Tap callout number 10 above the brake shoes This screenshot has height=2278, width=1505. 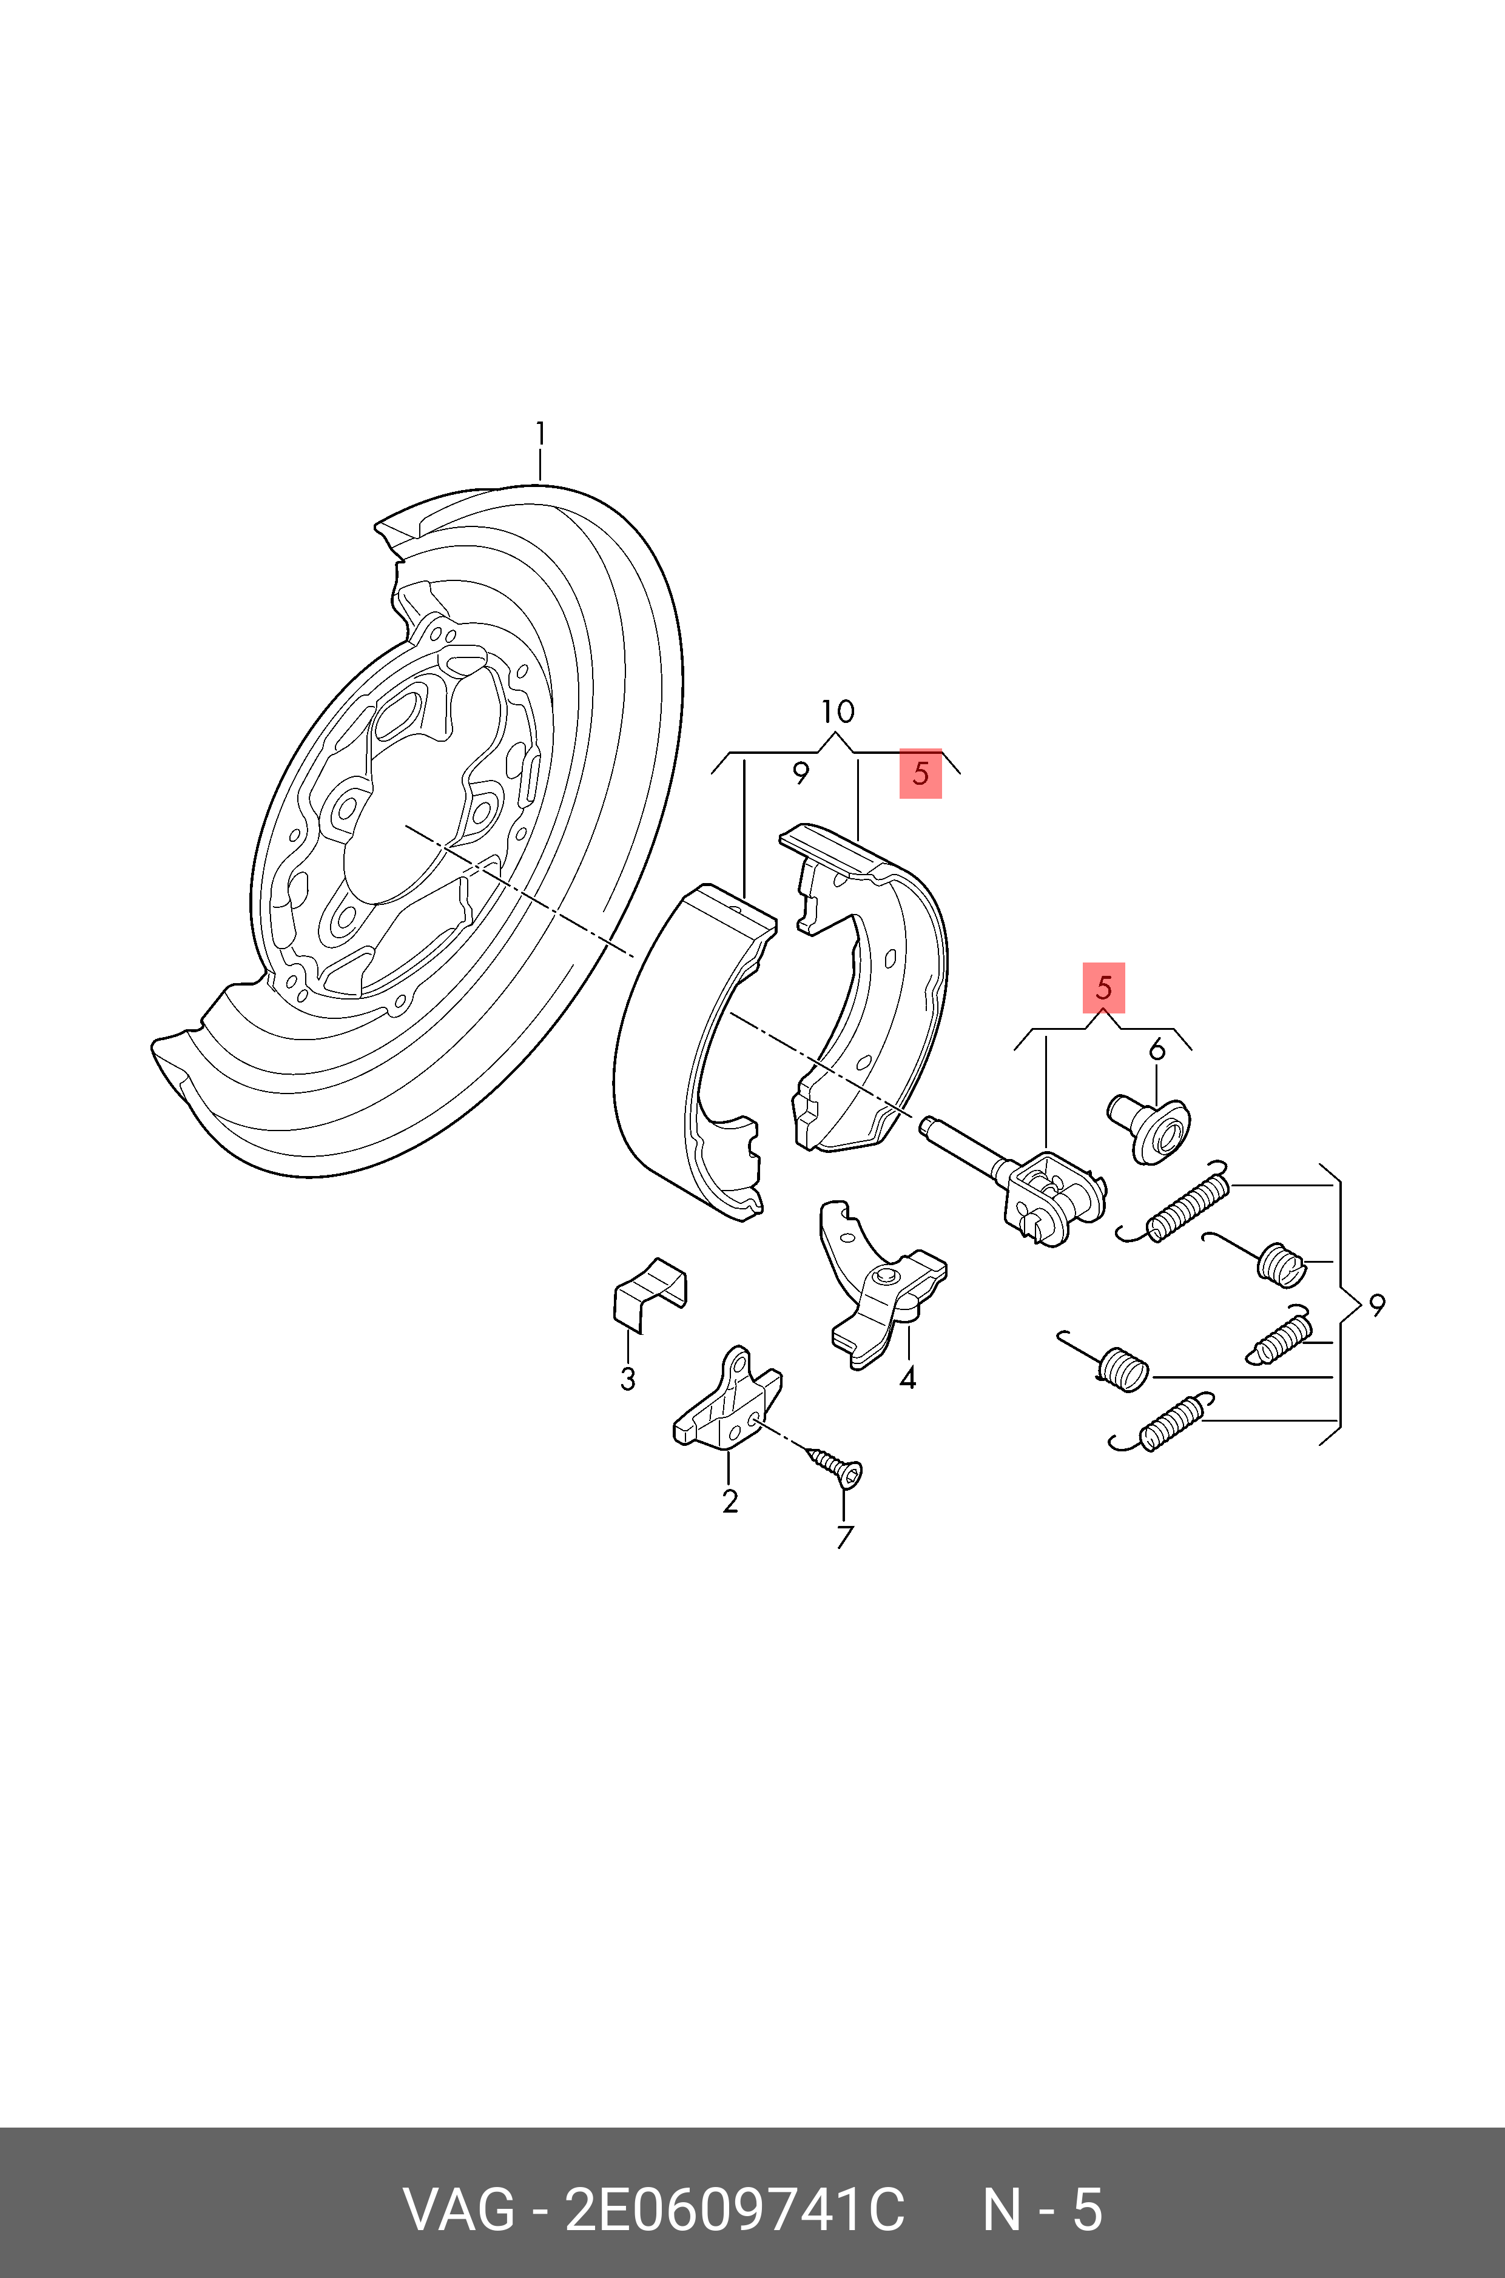click(x=837, y=712)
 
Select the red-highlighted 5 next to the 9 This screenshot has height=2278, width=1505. click(x=920, y=773)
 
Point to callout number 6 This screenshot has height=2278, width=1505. click(x=1157, y=1050)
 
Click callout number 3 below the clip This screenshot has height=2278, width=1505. click(x=628, y=1379)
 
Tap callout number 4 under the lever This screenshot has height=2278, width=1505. click(x=907, y=1379)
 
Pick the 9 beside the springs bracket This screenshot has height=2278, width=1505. click(x=1376, y=1305)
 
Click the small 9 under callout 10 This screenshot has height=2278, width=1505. click(x=801, y=773)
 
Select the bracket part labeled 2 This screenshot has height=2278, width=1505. click(x=727, y=1402)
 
